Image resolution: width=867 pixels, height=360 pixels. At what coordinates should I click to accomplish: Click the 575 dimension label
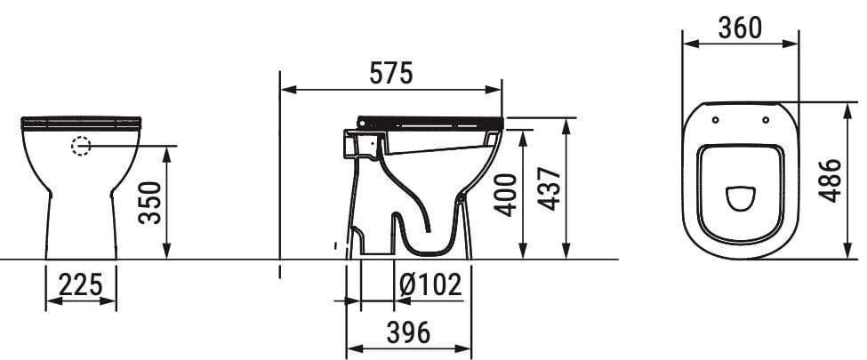(x=391, y=74)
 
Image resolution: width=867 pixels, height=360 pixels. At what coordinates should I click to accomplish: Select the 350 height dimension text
(x=150, y=203)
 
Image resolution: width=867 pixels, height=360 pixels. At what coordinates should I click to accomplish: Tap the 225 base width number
(x=81, y=284)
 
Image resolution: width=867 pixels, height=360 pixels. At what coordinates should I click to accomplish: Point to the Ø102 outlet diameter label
(x=429, y=284)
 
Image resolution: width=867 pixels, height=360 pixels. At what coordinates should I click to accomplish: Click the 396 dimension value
(x=408, y=332)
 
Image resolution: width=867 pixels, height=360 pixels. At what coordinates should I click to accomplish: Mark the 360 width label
(x=739, y=28)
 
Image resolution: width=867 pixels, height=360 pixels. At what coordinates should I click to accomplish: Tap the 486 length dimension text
(x=829, y=180)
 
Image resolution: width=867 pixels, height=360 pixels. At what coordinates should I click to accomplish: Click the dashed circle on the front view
(x=81, y=146)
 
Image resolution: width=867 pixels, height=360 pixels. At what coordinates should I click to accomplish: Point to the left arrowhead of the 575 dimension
(x=287, y=89)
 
